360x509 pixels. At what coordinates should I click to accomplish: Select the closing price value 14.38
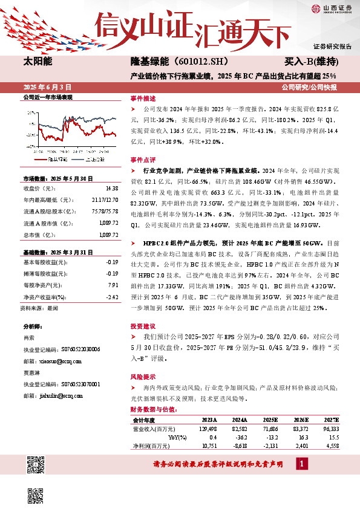[x=111, y=188]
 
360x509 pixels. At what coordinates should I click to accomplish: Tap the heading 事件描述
[x=143, y=97]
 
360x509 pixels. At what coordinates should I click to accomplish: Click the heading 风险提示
[x=143, y=375]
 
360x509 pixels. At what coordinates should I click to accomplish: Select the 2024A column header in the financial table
[x=240, y=420]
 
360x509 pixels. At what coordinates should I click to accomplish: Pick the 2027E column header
[x=332, y=420]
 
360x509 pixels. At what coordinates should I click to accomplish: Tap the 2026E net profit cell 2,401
[x=301, y=446]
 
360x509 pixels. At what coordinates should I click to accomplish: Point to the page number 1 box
[x=301, y=464]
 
